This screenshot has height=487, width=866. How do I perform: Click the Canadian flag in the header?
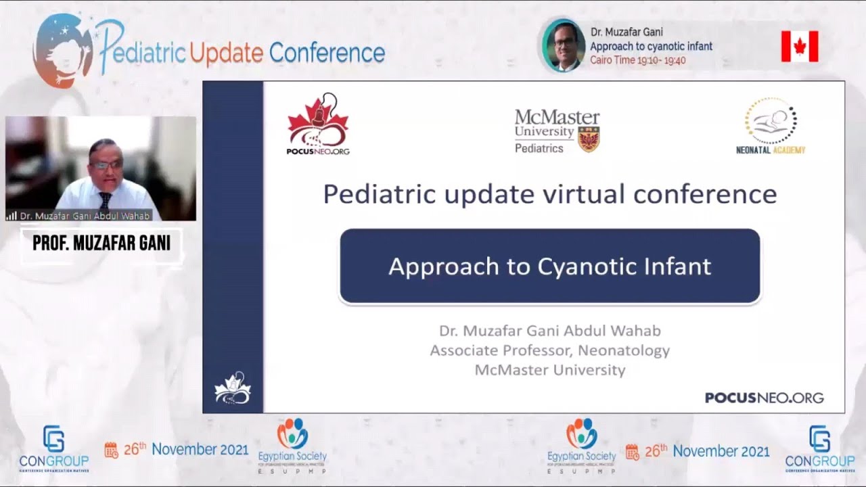(x=800, y=46)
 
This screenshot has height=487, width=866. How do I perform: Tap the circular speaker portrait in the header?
(x=563, y=46)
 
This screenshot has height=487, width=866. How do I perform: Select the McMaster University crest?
(x=589, y=138)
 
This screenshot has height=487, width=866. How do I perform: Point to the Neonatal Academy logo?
(x=771, y=126)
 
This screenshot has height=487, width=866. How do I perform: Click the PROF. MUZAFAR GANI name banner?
(x=101, y=243)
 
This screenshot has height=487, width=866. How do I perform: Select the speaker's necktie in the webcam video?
(x=105, y=200)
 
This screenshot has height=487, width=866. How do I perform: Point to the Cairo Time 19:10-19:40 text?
(x=638, y=60)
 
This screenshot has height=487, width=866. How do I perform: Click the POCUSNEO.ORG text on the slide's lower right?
(x=764, y=398)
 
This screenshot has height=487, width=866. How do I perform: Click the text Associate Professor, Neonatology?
(x=549, y=350)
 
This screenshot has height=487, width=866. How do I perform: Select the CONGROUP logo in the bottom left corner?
(x=54, y=448)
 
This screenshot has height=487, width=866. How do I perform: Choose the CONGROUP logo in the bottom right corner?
(x=820, y=448)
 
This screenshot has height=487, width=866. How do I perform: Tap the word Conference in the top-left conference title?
(x=327, y=53)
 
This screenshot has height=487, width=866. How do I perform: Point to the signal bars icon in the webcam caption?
(x=12, y=216)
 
